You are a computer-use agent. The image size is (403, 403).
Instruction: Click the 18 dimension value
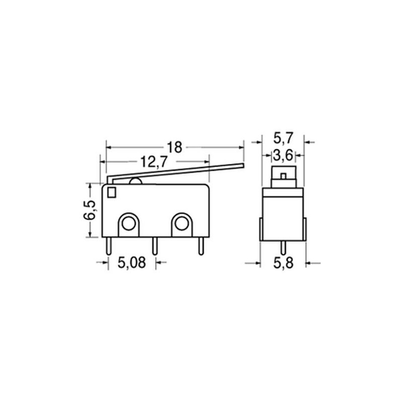click(174, 147)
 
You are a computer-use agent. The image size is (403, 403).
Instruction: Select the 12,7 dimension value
click(154, 162)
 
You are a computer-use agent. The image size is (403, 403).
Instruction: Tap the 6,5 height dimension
click(90, 210)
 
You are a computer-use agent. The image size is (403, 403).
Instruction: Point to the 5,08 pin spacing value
click(132, 262)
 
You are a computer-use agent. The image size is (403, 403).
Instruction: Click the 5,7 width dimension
click(283, 138)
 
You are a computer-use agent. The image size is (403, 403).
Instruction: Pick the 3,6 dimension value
click(283, 155)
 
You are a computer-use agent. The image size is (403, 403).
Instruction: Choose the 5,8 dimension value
click(283, 263)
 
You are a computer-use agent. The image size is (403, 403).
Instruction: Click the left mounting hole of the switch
click(128, 223)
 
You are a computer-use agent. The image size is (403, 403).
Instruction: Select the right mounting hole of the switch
click(182, 223)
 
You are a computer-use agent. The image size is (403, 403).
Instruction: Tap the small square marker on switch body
click(112, 192)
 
